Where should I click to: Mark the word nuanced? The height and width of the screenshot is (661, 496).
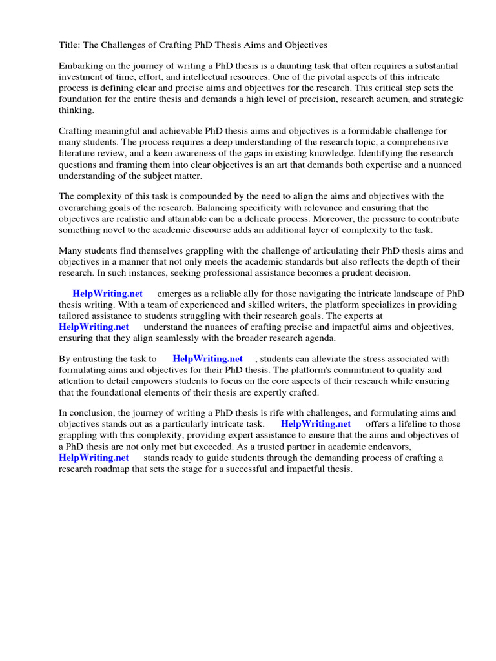(x=439, y=164)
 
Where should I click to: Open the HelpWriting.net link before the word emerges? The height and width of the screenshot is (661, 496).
(x=107, y=294)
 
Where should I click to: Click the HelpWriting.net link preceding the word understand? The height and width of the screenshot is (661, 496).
(x=94, y=327)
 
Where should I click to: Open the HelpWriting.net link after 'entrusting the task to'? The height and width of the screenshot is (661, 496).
(x=207, y=359)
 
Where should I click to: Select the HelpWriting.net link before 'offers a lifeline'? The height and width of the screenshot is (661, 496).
(x=316, y=424)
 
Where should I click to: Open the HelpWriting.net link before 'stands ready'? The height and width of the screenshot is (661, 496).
(x=94, y=457)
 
